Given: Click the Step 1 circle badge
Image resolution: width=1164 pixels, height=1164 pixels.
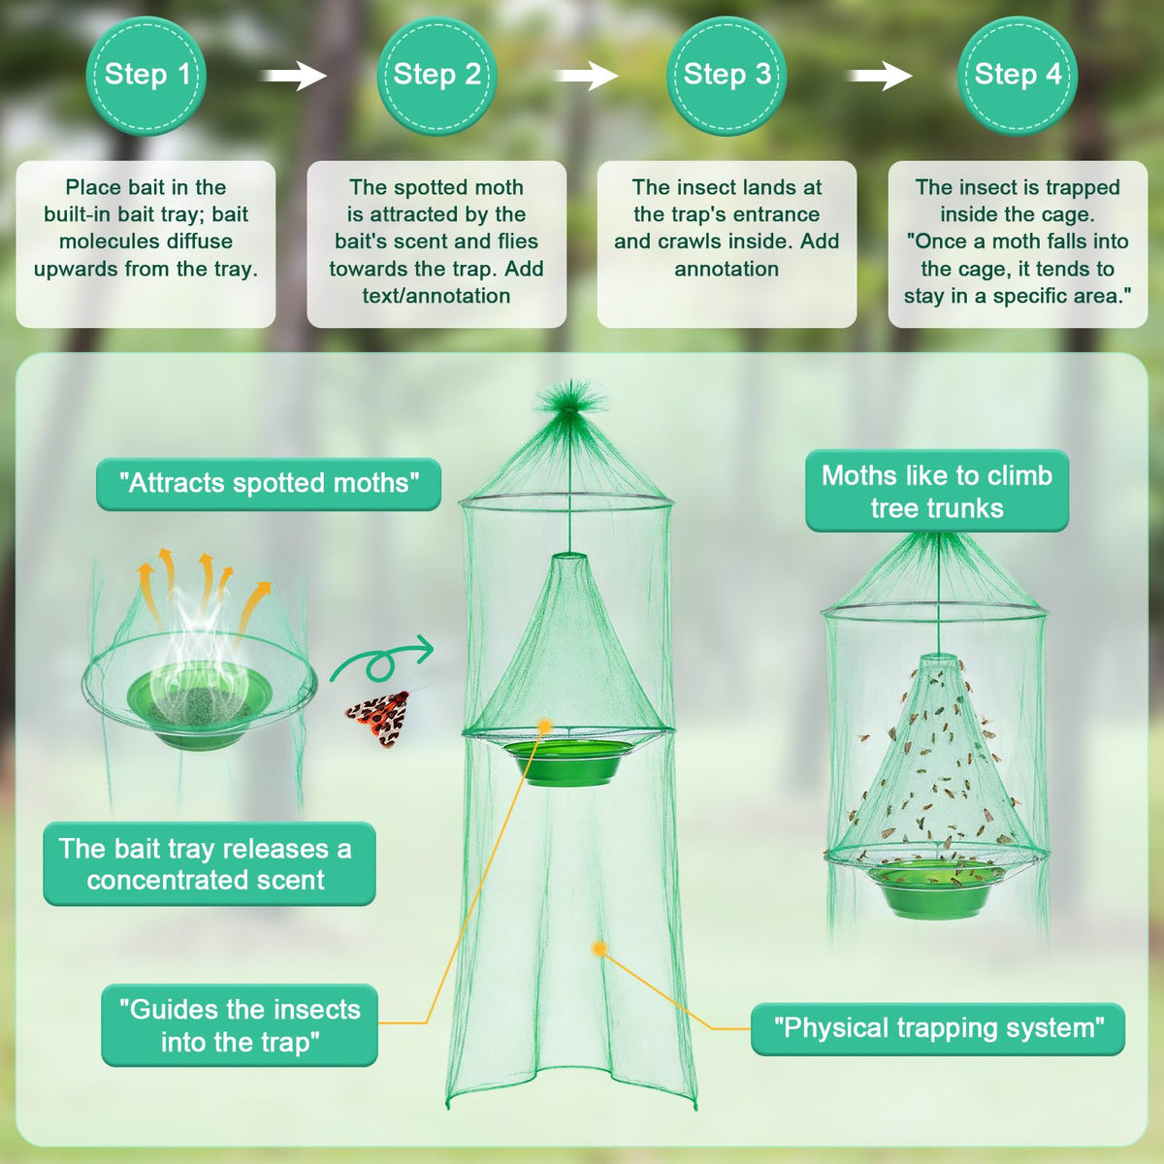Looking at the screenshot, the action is [145, 76].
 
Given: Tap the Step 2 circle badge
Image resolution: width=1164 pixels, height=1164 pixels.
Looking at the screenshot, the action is [436, 76].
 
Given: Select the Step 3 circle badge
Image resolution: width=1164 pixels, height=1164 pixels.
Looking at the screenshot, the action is [727, 76].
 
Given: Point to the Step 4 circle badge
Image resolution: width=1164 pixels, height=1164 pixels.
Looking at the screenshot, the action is [1018, 76].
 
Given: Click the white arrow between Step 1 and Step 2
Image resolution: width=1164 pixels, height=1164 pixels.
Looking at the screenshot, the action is [293, 76].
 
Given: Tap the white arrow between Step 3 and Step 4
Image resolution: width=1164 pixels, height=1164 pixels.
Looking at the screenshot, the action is [879, 76].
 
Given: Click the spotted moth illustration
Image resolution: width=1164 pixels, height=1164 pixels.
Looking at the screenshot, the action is [378, 717].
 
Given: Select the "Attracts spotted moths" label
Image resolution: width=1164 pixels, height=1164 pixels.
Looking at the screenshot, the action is [269, 484].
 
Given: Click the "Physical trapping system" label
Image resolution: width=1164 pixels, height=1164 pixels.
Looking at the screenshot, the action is [938, 1029].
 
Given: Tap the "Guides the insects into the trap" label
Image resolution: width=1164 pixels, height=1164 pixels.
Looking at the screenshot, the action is [240, 1025].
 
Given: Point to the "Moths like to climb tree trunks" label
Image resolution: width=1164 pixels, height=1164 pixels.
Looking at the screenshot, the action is [937, 491].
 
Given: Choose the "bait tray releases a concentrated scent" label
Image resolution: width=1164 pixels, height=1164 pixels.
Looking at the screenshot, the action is [209, 864].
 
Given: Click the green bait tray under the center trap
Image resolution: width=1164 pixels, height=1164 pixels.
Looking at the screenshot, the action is [566, 762].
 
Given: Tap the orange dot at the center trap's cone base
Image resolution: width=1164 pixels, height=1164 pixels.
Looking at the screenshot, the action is [545, 726].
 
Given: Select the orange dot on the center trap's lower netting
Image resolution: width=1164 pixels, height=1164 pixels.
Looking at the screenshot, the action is [599, 948].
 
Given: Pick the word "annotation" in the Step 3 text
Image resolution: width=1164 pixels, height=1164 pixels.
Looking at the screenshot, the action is [727, 269].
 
